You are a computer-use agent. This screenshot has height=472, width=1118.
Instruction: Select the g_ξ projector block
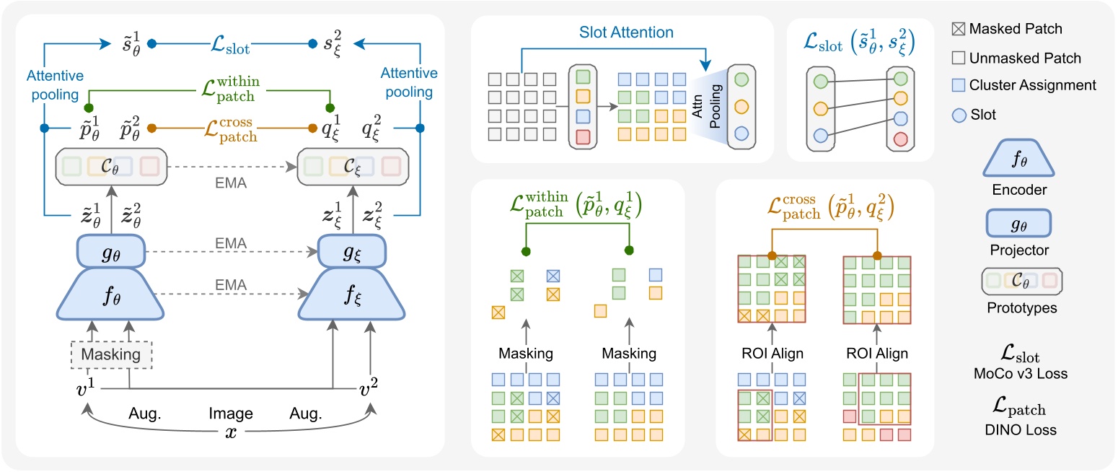(339, 253)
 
